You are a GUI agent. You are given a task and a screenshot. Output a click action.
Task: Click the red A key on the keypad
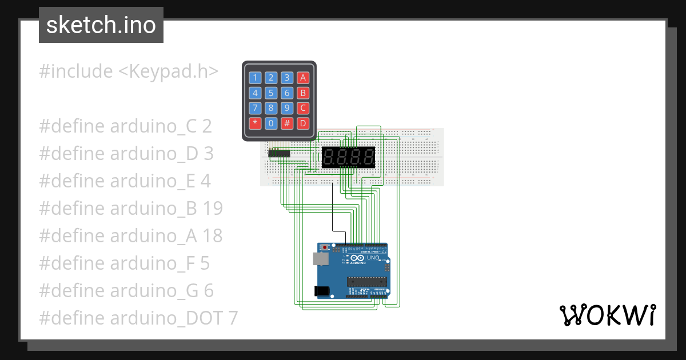coord(303,78)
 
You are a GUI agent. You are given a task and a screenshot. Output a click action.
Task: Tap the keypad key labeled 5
coord(272,93)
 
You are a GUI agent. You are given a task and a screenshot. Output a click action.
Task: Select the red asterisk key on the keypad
coord(256,123)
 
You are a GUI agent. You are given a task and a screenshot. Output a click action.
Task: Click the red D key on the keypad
coord(303,123)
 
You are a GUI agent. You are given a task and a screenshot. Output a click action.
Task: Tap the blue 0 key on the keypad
coord(272,123)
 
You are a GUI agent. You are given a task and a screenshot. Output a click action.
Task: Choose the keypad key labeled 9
coord(288,107)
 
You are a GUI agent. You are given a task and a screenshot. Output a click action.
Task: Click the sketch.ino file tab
coord(101,25)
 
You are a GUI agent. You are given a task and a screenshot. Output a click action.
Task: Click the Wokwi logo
coord(607,315)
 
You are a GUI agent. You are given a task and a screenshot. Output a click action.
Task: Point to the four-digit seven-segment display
coord(349,157)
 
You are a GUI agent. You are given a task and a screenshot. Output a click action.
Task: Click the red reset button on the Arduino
coord(325,247)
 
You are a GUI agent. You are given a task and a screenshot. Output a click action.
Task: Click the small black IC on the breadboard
coord(280,153)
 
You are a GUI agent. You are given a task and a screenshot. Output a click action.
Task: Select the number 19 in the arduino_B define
coord(212,209)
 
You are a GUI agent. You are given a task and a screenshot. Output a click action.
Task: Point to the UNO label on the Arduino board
coord(373,258)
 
